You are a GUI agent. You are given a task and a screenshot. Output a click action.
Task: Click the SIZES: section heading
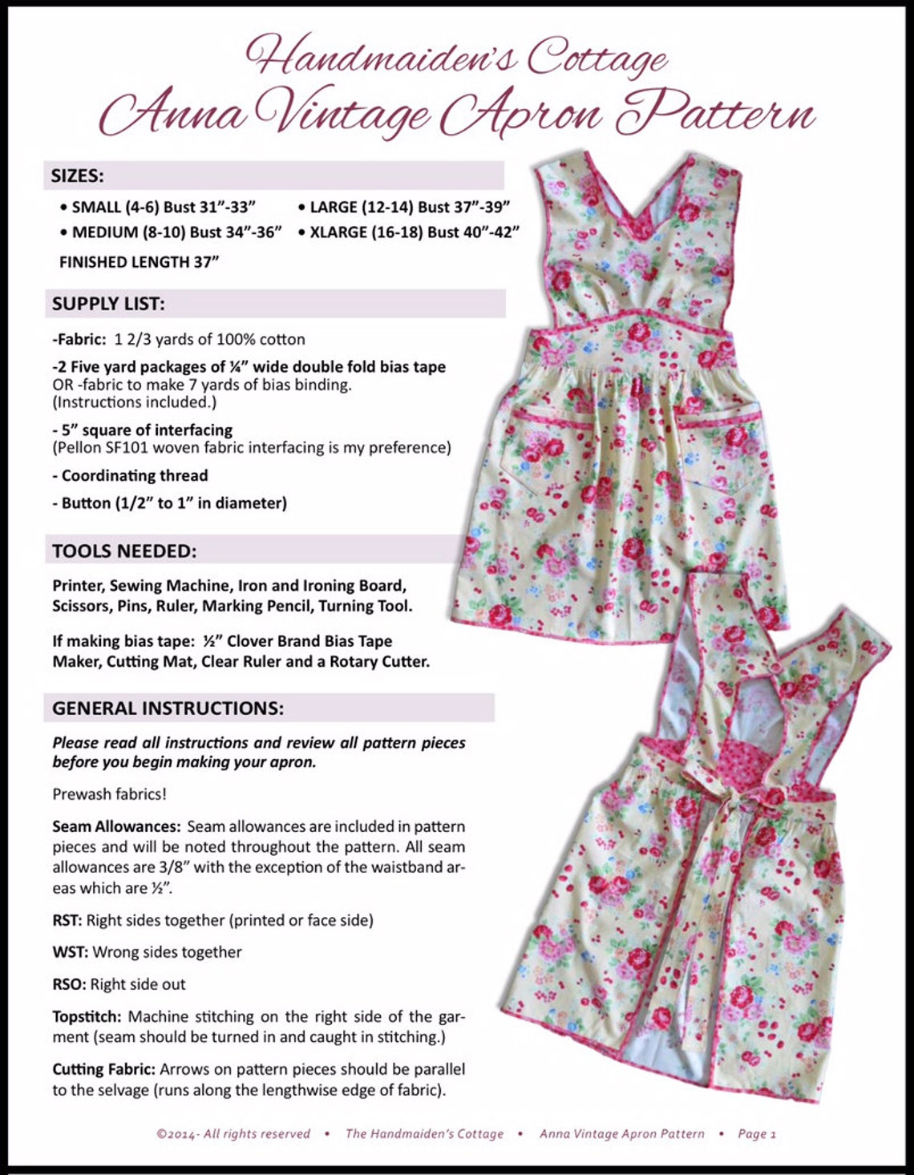click(x=78, y=176)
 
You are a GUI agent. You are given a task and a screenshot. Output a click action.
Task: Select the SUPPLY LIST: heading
click(x=108, y=304)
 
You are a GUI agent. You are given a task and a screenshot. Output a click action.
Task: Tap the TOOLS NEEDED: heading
click(x=124, y=551)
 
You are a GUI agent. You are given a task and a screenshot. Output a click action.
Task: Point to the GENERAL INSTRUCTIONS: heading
click(x=168, y=709)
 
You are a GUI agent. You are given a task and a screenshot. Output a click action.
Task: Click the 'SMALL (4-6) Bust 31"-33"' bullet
click(x=164, y=207)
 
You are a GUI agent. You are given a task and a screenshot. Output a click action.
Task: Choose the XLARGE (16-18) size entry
click(x=414, y=232)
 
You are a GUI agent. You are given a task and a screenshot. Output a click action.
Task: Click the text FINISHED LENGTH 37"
click(x=139, y=262)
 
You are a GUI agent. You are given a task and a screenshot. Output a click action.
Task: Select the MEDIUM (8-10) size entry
click(x=176, y=232)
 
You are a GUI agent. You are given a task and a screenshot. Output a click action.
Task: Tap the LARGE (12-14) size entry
click(x=409, y=207)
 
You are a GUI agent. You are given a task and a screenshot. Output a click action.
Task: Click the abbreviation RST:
click(x=67, y=920)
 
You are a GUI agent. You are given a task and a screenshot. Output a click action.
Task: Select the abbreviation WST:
click(x=71, y=952)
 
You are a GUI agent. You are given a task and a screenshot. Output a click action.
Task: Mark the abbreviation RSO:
click(x=70, y=984)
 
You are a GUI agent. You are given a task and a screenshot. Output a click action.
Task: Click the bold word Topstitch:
click(x=87, y=1016)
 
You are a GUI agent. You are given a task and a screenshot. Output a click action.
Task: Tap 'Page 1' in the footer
click(x=756, y=1133)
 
